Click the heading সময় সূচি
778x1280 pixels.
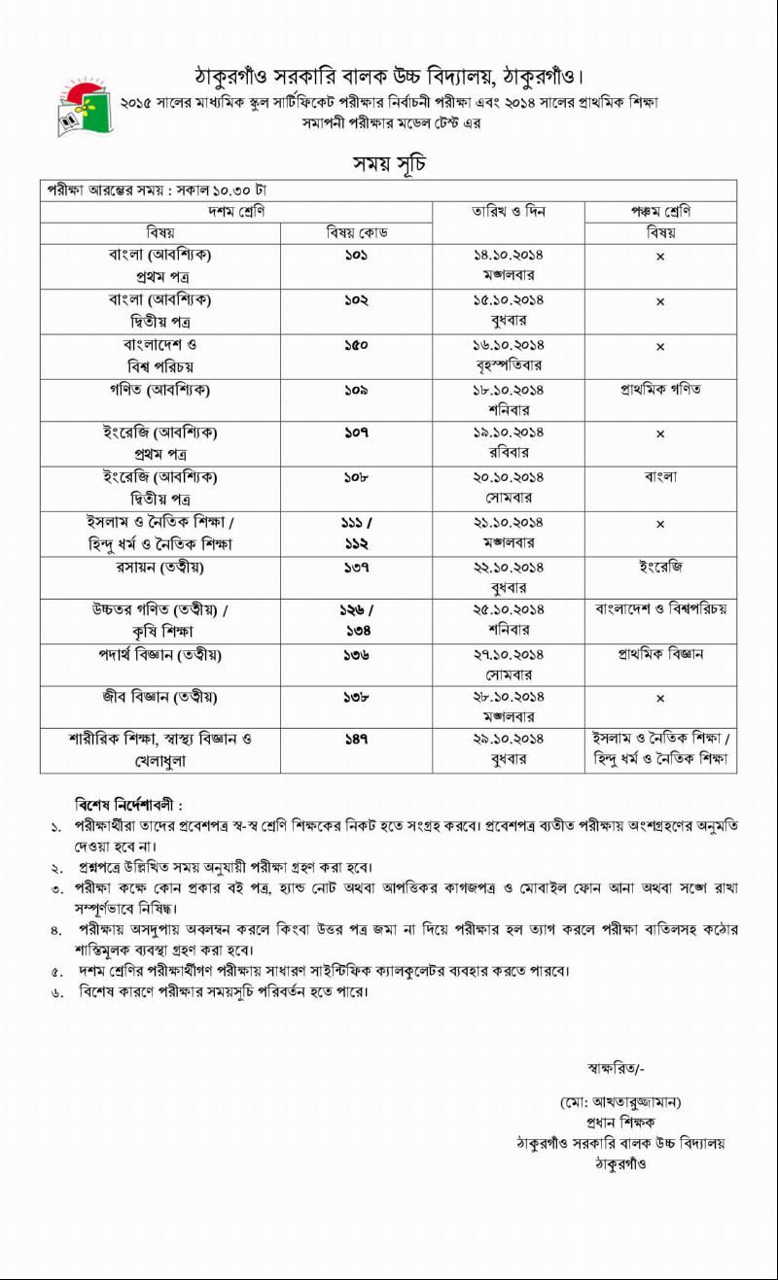[389, 162]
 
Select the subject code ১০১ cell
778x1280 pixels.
[356, 255]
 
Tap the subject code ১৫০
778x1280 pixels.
[356, 345]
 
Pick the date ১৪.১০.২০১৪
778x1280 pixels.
[508, 255]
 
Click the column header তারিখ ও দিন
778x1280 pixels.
[508, 212]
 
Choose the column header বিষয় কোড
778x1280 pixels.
[356, 233]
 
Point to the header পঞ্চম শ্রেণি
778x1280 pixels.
[660, 212]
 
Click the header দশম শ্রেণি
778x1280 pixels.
[236, 212]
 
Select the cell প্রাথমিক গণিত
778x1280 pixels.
[660, 390]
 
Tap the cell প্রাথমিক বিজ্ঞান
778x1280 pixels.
[660, 654]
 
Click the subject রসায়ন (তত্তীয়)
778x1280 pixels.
[160, 567]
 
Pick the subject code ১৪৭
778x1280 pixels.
[356, 740]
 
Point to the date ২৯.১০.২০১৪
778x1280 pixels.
[508, 740]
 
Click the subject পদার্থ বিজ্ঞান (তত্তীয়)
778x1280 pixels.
[160, 655]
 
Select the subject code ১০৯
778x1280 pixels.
[356, 390]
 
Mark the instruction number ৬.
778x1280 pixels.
[56, 992]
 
